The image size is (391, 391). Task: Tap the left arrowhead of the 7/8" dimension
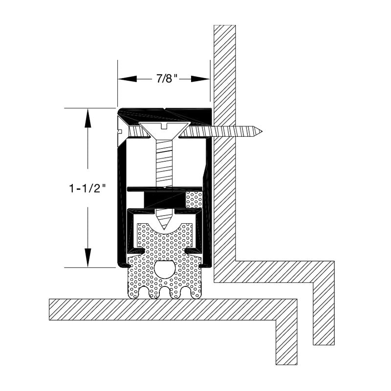coord(128,79)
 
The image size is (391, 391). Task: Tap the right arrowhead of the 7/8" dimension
coord(200,79)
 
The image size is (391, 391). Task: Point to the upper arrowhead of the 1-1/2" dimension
coord(87,118)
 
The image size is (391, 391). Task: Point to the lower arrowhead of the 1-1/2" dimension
coord(87,258)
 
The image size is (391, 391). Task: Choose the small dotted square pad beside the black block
coord(194,199)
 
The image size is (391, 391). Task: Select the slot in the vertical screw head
coord(164,126)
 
